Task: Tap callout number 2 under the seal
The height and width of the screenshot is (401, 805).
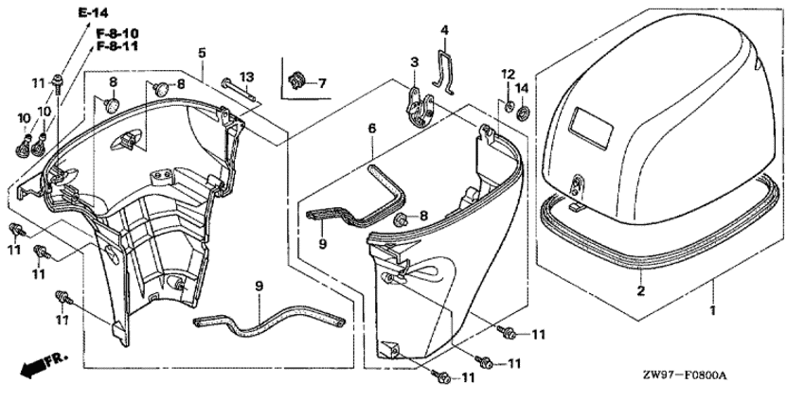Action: (641, 291)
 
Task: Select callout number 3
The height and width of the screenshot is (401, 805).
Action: (414, 62)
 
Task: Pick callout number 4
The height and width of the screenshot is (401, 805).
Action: (444, 30)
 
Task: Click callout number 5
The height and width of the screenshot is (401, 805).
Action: (202, 52)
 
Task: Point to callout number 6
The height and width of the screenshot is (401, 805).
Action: (372, 128)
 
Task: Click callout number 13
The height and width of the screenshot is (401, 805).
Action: (245, 77)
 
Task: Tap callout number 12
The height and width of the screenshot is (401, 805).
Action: (508, 74)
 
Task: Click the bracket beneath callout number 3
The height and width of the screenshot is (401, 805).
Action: (418, 103)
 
